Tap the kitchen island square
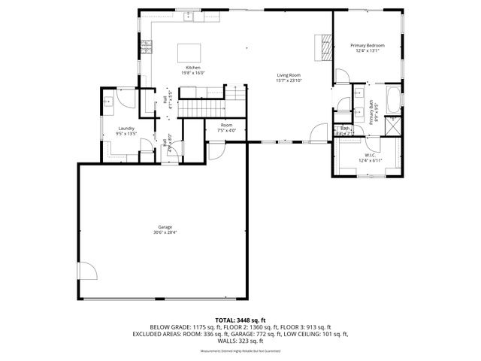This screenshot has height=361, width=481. [189, 53]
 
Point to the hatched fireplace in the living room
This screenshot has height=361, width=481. [325, 47]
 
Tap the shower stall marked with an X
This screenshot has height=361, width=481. [392, 124]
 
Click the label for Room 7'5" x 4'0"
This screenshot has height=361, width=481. [226, 127]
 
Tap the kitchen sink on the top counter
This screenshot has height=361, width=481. [192, 16]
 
